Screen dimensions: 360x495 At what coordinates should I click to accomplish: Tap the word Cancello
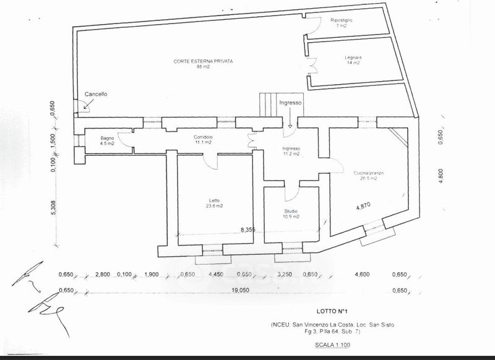pyautogui.click(x=96, y=94)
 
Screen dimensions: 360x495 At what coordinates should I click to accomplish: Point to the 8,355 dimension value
pyautogui.click(x=247, y=229)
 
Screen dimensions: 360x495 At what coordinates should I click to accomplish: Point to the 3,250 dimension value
pyautogui.click(x=284, y=274)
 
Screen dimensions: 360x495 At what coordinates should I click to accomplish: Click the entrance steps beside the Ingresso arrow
pyautogui.click(x=269, y=103)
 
